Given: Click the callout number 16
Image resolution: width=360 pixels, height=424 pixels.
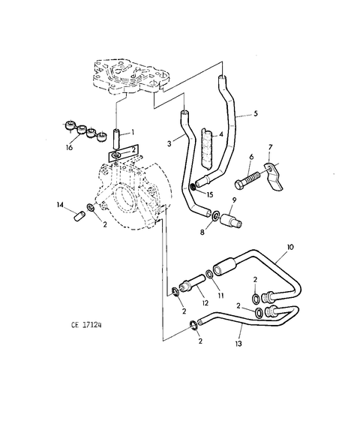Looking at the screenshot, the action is [x=70, y=147].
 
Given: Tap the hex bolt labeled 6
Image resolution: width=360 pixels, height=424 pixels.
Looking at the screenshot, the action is [x=247, y=181].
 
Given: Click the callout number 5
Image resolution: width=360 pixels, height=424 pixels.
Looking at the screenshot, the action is [x=256, y=113].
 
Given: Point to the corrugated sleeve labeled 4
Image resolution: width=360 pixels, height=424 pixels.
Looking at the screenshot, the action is [x=206, y=149].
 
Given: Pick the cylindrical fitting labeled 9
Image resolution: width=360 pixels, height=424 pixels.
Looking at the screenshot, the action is [x=231, y=221].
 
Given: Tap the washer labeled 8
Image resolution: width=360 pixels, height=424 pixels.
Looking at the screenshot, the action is [x=216, y=216].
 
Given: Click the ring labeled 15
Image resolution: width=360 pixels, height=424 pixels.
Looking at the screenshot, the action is [x=193, y=187].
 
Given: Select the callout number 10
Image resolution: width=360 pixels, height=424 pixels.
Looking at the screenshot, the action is [x=289, y=247].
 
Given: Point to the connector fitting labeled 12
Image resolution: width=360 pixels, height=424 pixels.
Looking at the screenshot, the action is [x=192, y=283].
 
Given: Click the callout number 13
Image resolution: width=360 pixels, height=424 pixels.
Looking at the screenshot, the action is [x=238, y=344].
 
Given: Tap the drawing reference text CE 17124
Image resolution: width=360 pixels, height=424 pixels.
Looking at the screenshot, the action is [x=86, y=325].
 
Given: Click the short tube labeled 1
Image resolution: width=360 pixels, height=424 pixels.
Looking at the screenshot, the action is [x=116, y=139].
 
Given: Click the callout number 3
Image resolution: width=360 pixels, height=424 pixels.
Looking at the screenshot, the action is [x=169, y=144].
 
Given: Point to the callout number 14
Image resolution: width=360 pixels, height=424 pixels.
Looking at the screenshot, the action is [x=60, y=205].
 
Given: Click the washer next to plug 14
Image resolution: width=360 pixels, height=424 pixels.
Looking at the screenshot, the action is [x=91, y=208].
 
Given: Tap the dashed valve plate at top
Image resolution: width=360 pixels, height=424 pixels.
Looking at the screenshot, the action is [x=130, y=77].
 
